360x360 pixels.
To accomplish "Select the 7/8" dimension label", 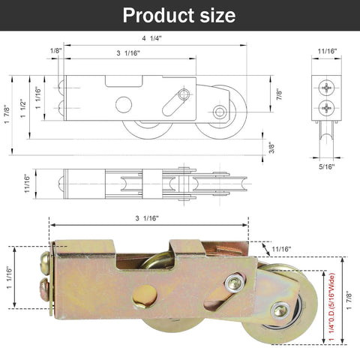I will tap(280, 95).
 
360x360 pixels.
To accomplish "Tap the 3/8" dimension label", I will tap(271, 148).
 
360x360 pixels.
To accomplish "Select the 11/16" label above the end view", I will tap(326, 52).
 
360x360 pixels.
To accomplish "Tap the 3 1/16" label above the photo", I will tap(146, 218).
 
